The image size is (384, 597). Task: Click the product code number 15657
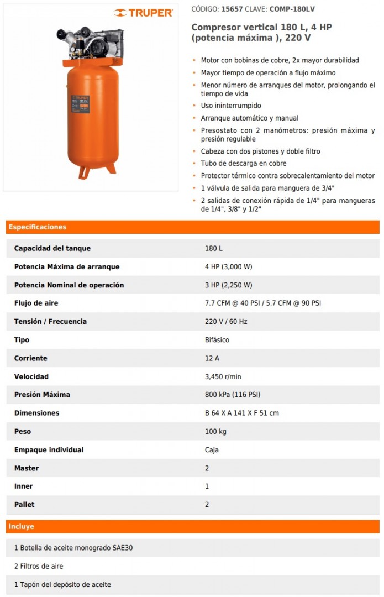click(232, 9)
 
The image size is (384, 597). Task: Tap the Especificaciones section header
click(38, 227)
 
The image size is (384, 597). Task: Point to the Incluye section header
click(22, 527)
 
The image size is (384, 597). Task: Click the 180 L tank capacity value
click(214, 249)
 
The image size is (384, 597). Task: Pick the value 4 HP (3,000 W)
click(228, 267)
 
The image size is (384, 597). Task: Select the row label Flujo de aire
click(36, 303)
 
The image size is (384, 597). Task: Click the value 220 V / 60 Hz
click(227, 322)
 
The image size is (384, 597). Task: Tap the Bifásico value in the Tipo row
click(217, 340)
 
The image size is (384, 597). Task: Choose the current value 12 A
click(212, 358)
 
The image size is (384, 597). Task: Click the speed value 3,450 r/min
click(223, 376)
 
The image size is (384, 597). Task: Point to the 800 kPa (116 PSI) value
click(233, 395)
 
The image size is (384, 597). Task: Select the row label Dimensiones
click(36, 413)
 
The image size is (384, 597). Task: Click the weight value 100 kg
click(215, 431)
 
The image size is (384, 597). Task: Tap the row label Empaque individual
click(49, 450)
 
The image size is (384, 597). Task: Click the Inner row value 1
click(207, 486)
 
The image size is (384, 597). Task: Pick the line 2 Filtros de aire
click(39, 567)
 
